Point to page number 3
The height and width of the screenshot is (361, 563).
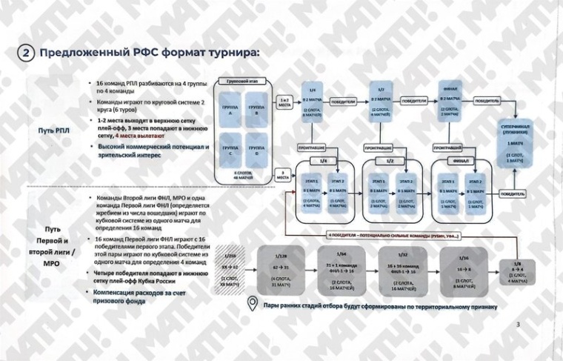pos(519,324)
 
